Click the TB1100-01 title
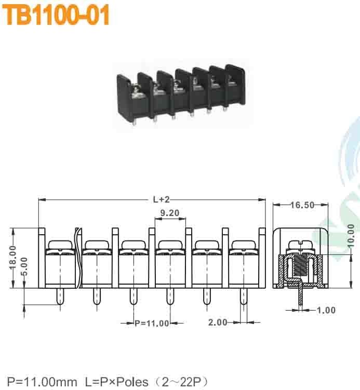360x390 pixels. [57, 16]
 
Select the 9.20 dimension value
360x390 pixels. [170, 213]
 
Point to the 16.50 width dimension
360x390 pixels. [302, 205]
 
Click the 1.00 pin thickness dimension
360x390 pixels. [326, 311]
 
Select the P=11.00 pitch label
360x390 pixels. [152, 324]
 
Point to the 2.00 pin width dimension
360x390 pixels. [218, 322]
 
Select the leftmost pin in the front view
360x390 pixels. [59, 299]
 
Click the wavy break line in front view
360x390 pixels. [78, 257]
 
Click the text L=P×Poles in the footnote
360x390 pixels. [116, 382]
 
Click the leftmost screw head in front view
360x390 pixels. [59, 245]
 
